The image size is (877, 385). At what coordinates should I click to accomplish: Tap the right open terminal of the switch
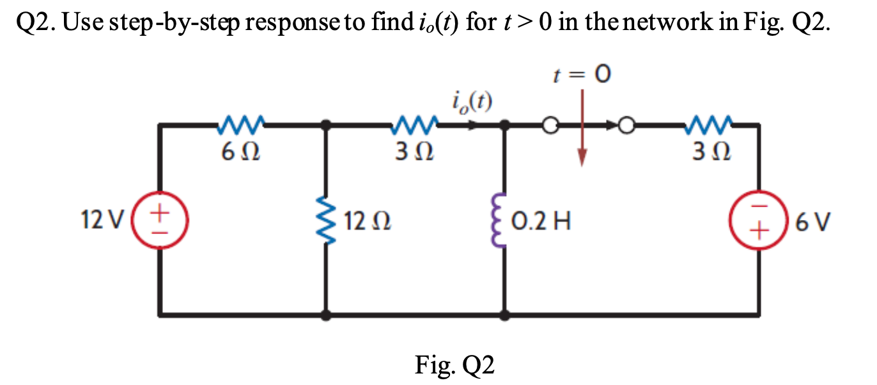pos(627,126)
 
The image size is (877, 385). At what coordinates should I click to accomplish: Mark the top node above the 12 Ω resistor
pos(327,126)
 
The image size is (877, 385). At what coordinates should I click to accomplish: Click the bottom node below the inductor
pos(507,315)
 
